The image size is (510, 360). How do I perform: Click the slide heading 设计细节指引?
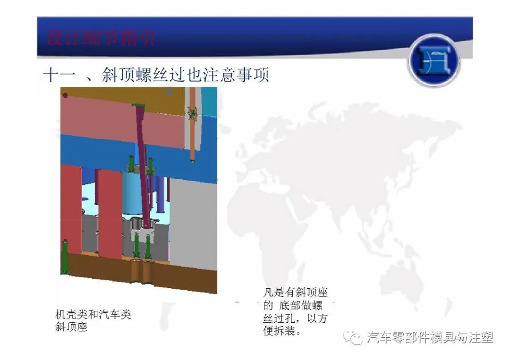point(101,37)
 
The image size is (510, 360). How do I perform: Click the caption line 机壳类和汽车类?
point(93,314)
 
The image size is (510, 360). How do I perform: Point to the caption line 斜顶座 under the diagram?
point(71,327)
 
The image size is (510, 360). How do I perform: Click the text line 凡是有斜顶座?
point(295,293)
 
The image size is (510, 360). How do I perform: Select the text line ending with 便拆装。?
point(282,331)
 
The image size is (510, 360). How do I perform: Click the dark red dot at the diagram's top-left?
point(65,95)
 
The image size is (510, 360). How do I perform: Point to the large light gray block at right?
point(193,222)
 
